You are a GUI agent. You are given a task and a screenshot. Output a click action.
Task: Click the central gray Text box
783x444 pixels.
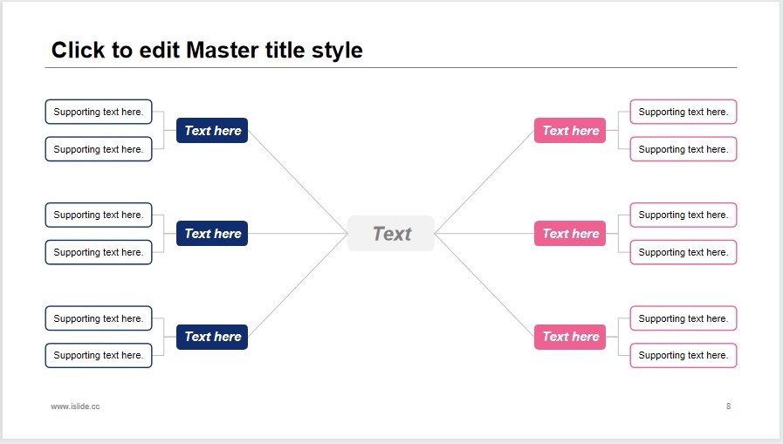click(391, 234)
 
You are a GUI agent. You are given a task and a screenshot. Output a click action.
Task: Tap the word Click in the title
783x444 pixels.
click(79, 50)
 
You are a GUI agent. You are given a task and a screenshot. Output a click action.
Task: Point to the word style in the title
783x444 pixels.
click(337, 51)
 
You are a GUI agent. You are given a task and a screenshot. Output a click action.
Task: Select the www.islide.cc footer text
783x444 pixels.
click(75, 406)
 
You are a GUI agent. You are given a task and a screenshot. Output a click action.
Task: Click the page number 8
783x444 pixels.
click(729, 406)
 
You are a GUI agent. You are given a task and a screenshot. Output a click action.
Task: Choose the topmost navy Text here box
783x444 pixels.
click(212, 130)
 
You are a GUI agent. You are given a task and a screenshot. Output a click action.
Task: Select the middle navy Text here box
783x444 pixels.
click(212, 234)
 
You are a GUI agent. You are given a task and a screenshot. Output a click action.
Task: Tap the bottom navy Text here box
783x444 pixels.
click(212, 337)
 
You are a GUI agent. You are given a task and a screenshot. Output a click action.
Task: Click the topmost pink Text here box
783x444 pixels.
click(570, 130)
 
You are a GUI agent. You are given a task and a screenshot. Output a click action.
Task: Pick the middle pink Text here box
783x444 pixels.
click(570, 234)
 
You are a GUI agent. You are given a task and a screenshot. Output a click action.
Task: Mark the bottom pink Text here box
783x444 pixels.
click(570, 337)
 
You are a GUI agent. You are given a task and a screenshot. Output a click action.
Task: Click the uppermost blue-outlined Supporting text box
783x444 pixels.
click(99, 112)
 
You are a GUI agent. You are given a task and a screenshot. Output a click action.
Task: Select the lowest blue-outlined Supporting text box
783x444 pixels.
click(99, 355)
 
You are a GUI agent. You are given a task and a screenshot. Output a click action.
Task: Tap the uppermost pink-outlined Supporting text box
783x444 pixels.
click(683, 112)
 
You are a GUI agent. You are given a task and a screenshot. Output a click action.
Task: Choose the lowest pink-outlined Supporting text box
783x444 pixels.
click(683, 355)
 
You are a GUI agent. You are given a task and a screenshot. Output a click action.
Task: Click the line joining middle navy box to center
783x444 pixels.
click(298, 234)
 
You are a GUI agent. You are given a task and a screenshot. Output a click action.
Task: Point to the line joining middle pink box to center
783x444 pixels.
click(484, 234)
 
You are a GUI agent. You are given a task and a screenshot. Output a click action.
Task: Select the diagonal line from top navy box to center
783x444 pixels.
click(298, 181)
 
